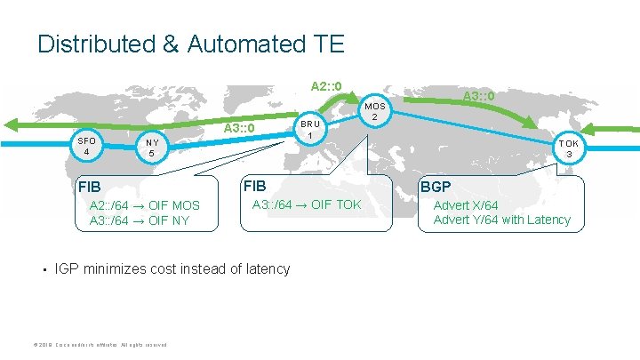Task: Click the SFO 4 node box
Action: click(86, 146)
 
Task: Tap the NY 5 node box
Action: click(152, 148)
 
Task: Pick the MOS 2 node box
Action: click(375, 110)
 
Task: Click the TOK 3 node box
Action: click(569, 148)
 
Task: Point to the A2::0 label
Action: click(326, 86)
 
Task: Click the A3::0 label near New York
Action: click(239, 129)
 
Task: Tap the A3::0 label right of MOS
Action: click(478, 95)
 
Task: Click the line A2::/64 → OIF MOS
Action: click(145, 206)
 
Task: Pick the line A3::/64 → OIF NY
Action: click(140, 220)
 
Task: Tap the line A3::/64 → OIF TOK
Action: click(307, 205)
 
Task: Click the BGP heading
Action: click(436, 188)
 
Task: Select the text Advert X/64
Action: click(465, 205)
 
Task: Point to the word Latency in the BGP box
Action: click(548, 220)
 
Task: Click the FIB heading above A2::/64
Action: click(90, 188)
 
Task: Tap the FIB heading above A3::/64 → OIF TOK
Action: click(254, 187)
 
